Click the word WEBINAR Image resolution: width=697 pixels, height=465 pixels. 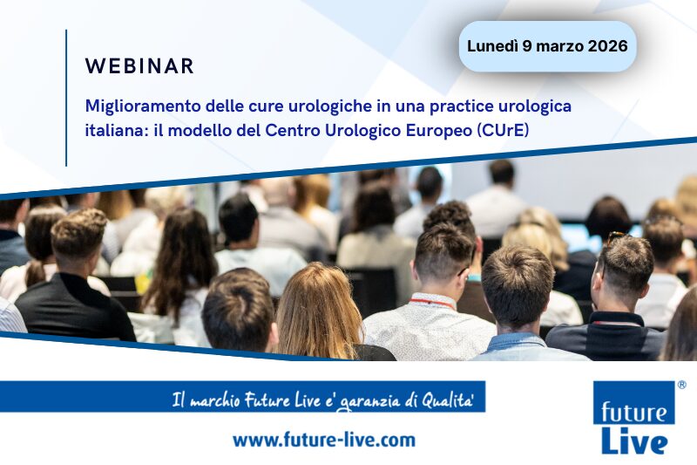[x=139, y=66]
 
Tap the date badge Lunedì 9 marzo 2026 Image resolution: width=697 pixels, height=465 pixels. [x=547, y=46]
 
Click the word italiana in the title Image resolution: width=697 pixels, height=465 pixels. [x=115, y=130]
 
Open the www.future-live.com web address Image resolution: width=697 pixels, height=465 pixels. [x=323, y=440]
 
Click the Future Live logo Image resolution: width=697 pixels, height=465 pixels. [x=633, y=419]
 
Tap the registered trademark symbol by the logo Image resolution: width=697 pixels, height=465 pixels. [x=681, y=384]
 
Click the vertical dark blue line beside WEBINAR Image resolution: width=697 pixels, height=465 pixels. [x=66, y=96]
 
